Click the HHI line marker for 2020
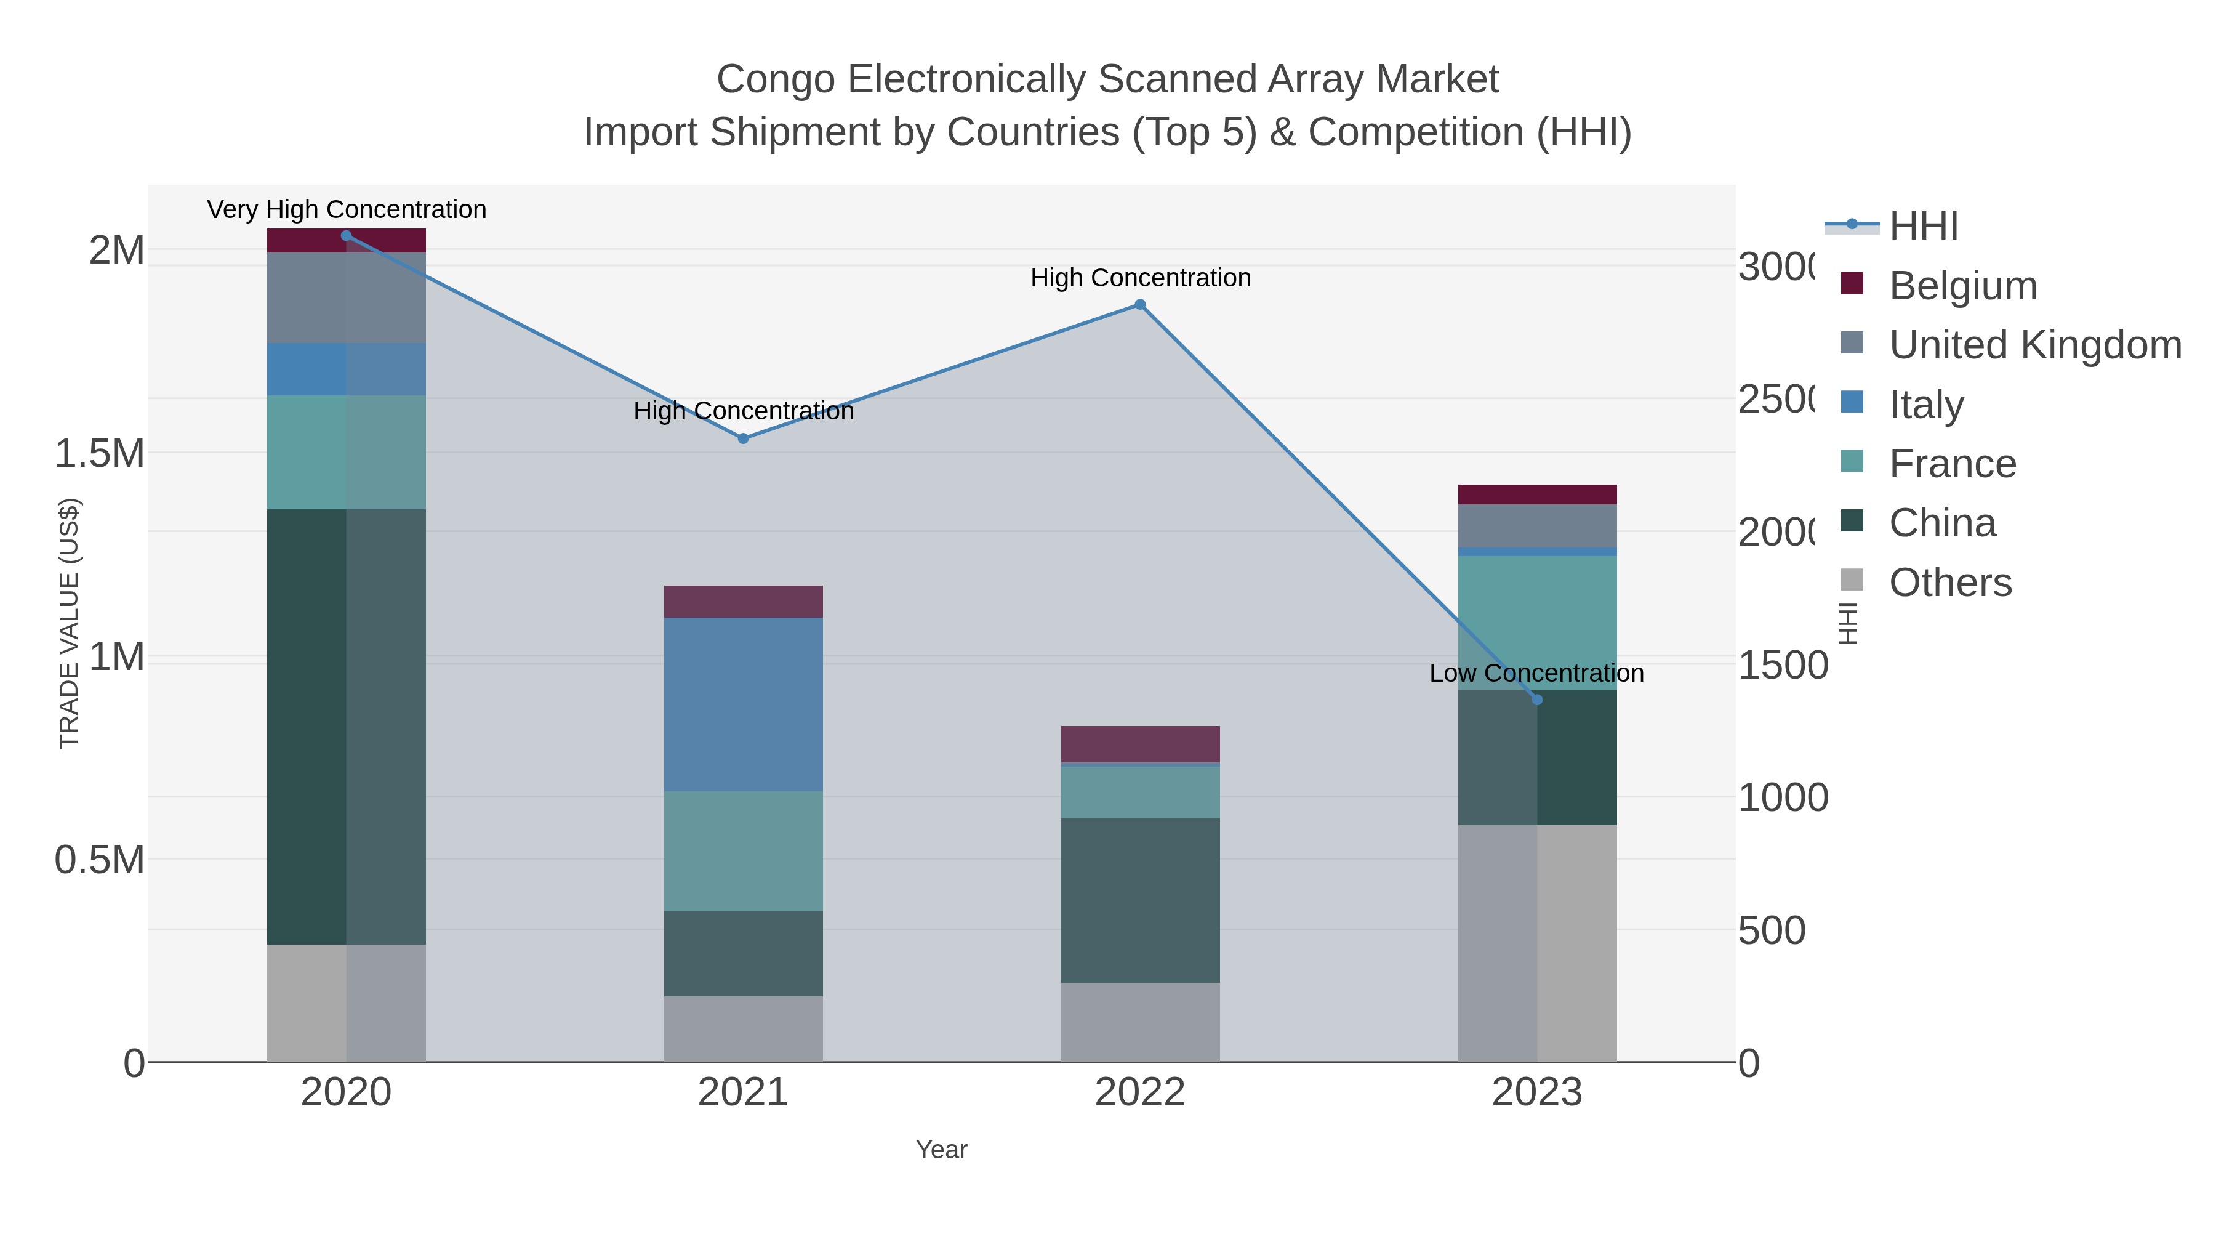[x=346, y=236]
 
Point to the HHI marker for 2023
[x=1537, y=700]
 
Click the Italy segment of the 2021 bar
[x=743, y=704]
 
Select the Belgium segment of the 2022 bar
[x=1140, y=743]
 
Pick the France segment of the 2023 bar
[x=1537, y=622]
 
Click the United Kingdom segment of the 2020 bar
[x=346, y=298]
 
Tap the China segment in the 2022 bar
[x=1140, y=900]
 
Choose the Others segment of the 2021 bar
[x=743, y=1028]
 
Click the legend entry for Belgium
[x=1962, y=286]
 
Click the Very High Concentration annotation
[x=347, y=210]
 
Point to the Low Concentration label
[x=1536, y=673]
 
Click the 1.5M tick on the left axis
[x=100, y=453]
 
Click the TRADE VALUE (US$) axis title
[x=69, y=623]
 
